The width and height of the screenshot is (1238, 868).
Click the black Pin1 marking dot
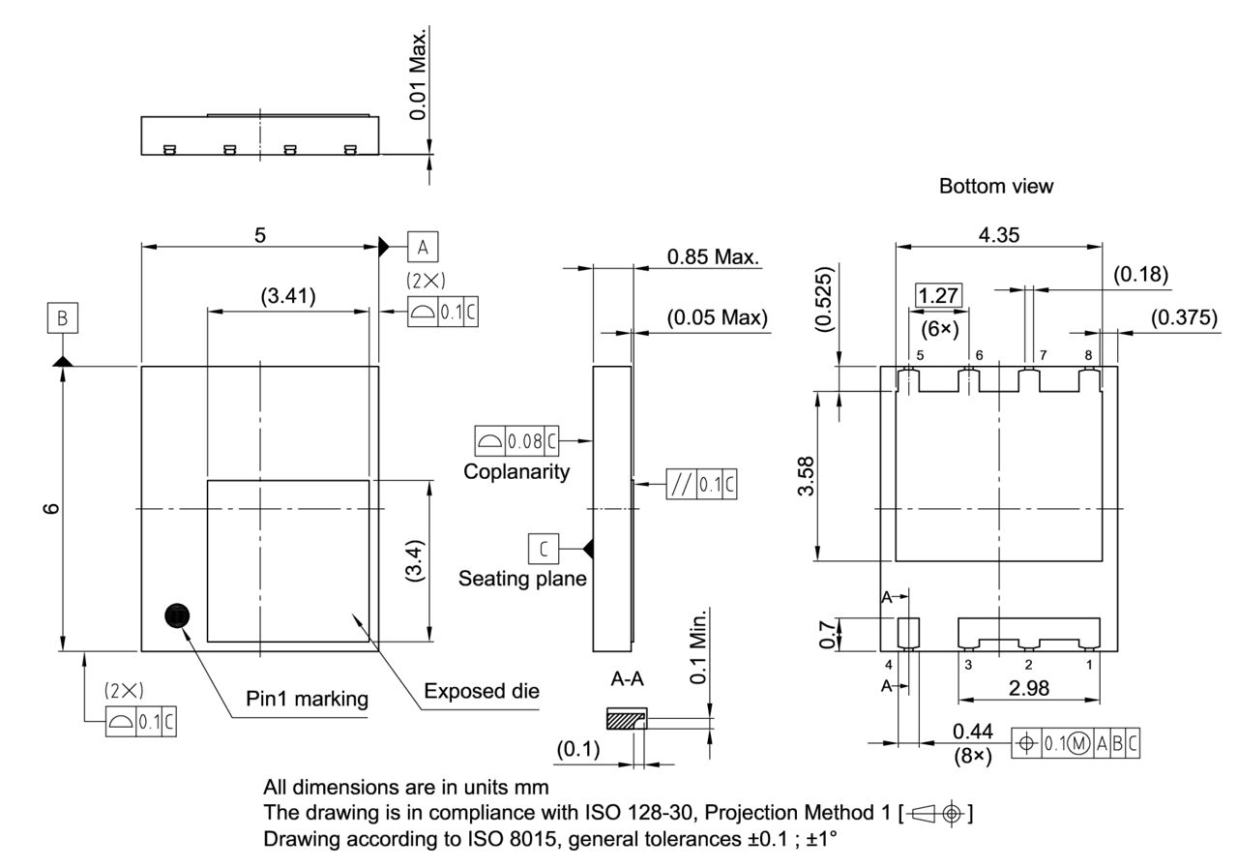point(177,615)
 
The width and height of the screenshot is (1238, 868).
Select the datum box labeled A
point(422,247)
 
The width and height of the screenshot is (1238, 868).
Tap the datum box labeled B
point(62,317)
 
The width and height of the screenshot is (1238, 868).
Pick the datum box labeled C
point(543,549)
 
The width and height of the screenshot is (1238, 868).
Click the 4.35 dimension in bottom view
point(998,235)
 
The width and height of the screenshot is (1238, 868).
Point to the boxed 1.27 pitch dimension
point(939,294)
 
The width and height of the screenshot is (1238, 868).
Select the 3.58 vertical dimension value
point(806,475)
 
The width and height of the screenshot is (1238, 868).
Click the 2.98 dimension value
point(1028,688)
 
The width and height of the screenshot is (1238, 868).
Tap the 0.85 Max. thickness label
point(713,257)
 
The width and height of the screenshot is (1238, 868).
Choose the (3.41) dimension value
point(287,296)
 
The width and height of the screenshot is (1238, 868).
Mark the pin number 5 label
point(920,356)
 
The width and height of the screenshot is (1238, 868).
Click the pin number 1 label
point(1089,664)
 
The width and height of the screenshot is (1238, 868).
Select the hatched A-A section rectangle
point(625,720)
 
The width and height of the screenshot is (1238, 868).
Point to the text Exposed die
point(482,692)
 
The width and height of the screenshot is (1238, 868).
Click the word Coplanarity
point(516,472)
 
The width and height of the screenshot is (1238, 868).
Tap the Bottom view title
point(996,186)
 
